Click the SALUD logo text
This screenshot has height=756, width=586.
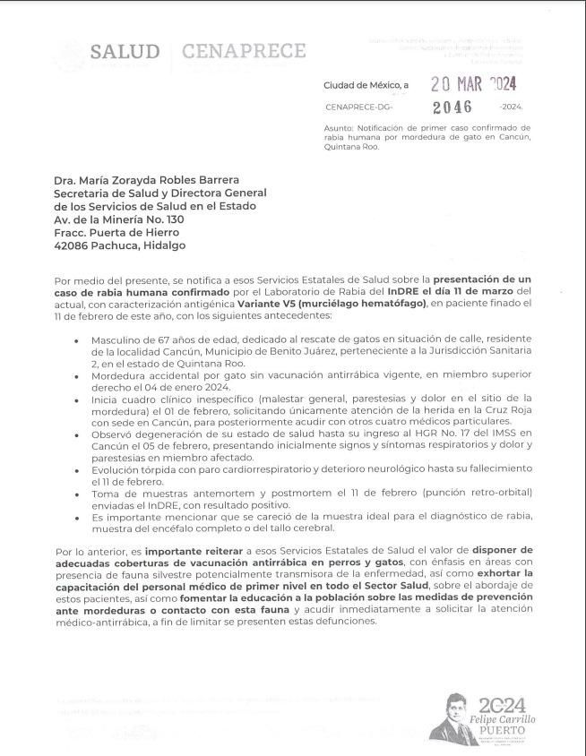click(x=125, y=52)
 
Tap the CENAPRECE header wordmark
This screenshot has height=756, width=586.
click(x=243, y=51)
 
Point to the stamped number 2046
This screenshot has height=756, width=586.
click(x=452, y=107)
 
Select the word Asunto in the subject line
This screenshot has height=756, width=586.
click(x=338, y=128)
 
